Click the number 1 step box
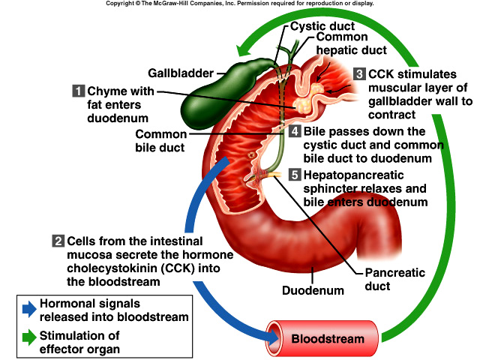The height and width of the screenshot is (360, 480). tap(78, 91)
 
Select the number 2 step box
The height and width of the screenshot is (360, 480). tap(58, 241)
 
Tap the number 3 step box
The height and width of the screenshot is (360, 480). tap(359, 74)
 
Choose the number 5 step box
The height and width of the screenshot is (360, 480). tap(295, 175)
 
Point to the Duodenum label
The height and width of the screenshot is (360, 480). tap(313, 290)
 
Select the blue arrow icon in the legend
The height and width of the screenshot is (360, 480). tap(28, 306)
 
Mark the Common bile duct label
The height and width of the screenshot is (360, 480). tap(160, 141)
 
